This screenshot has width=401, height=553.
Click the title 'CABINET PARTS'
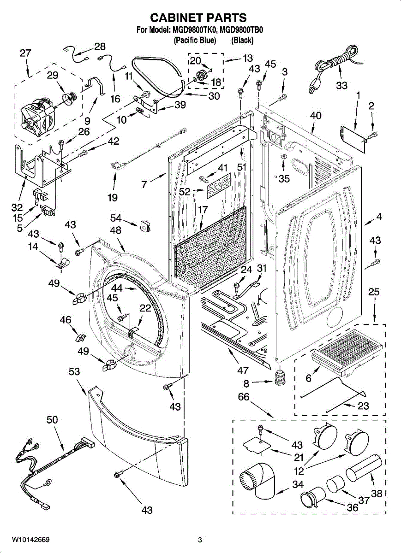tap(198, 18)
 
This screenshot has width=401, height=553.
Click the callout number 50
tap(52, 420)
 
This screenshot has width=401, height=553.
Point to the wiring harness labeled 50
tap(55, 461)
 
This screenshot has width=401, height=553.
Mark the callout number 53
tap(74, 372)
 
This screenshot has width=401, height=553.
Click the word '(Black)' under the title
tap(242, 41)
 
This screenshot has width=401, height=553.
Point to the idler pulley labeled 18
tap(201, 75)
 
